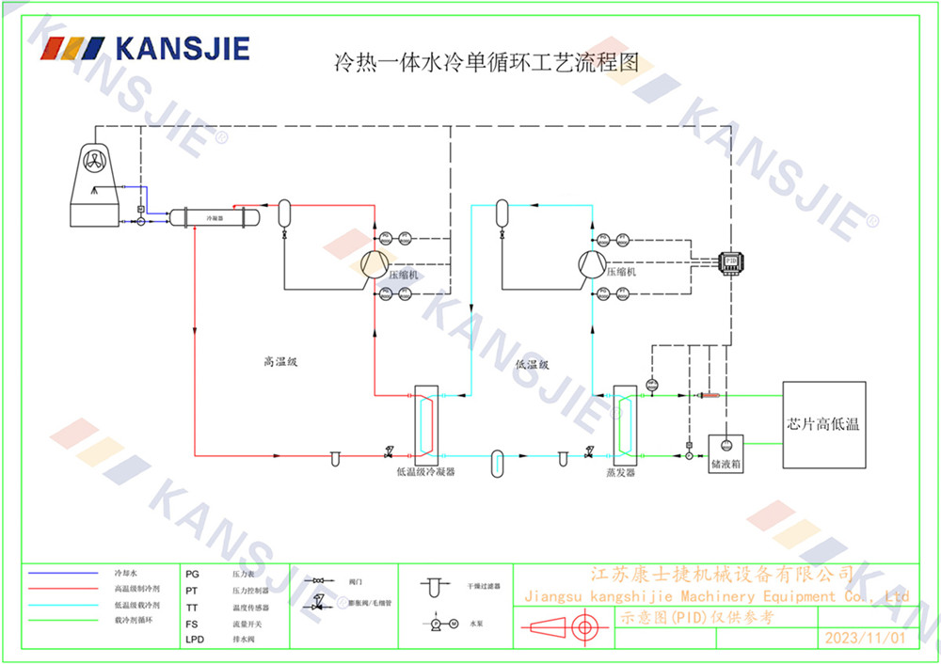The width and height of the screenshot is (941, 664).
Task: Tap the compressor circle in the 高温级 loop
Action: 374,264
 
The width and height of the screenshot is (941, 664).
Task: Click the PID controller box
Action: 730,261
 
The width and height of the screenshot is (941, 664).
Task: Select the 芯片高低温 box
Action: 824,424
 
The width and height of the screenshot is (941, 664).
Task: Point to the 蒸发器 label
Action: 621,472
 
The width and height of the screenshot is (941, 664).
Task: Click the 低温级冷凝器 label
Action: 426,472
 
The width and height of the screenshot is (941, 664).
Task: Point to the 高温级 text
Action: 279,362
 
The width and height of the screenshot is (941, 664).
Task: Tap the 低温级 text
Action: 532,364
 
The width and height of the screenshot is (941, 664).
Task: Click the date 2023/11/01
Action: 864,639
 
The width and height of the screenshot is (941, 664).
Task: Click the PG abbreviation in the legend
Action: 192,573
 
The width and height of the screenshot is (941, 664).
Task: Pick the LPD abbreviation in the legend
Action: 194,640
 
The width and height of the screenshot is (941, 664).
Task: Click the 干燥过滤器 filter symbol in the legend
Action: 432,586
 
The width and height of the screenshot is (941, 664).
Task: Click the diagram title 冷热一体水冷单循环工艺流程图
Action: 486,64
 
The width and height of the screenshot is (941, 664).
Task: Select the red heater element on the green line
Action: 705,396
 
